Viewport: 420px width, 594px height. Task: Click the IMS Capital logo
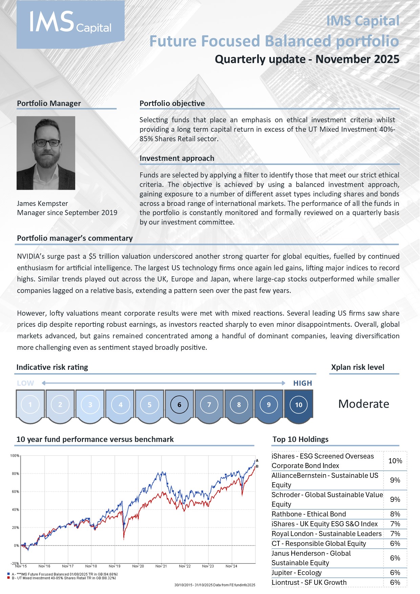click(70, 24)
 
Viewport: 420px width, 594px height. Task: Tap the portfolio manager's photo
click(46, 153)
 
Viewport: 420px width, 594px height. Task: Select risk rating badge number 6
click(179, 404)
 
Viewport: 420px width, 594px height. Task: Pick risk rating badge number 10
click(298, 404)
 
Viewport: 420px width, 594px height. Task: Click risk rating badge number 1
click(30, 404)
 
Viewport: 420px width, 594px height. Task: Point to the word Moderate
click(363, 404)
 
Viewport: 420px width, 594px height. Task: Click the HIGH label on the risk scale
click(302, 383)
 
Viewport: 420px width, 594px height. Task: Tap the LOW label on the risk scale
click(25, 383)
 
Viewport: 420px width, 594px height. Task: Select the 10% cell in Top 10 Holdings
click(395, 461)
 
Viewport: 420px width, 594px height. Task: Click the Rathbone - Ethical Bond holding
click(309, 514)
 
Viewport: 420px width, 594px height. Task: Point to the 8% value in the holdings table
click(395, 514)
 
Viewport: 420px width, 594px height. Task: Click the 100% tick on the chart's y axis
click(15, 456)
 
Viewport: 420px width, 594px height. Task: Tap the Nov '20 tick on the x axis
click(138, 566)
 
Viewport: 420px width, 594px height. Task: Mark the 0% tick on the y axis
click(16, 546)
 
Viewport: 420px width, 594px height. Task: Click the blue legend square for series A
click(8, 574)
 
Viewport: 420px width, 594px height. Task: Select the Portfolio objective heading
click(172, 103)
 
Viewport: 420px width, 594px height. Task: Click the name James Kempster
click(42, 204)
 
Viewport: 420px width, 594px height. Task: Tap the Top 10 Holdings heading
click(300, 439)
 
